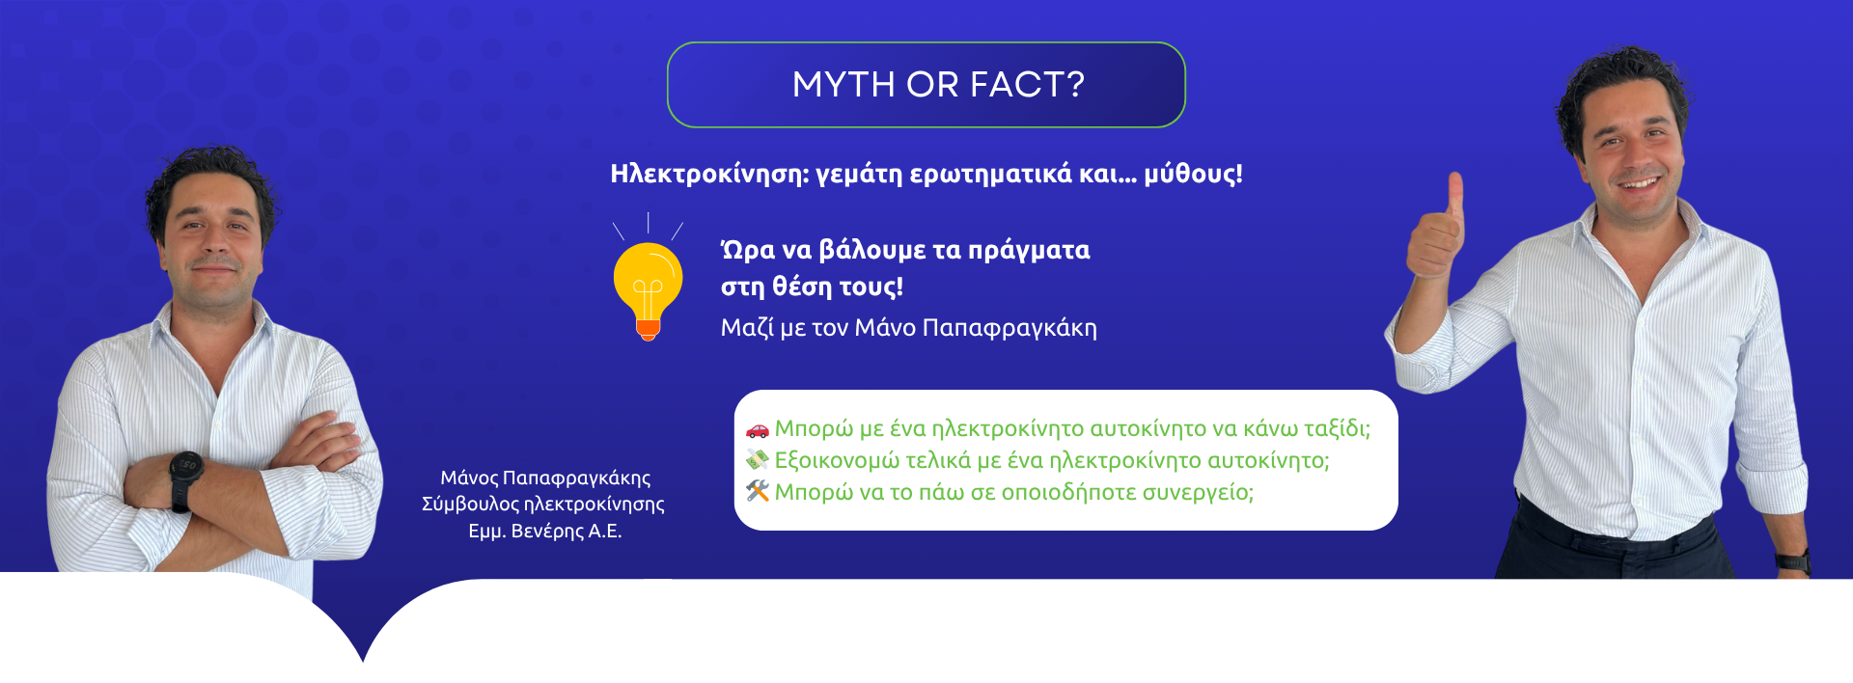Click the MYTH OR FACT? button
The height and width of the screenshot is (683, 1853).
(926, 85)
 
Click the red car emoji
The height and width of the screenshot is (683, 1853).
(758, 429)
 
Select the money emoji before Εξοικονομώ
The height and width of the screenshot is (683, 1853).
(758, 460)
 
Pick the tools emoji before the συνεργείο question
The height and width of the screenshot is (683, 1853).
(758, 492)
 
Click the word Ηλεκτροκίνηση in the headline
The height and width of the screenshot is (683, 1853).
(709, 174)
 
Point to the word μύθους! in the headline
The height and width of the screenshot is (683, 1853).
(1194, 174)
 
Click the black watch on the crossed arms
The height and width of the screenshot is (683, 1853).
(185, 480)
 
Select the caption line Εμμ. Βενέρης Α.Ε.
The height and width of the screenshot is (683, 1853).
(545, 532)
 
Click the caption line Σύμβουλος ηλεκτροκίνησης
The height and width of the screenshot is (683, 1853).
(543, 505)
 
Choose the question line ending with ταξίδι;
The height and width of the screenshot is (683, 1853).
(1072, 429)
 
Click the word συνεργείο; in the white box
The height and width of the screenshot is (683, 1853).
(1198, 493)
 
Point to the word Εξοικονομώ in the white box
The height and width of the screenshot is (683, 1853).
(837, 461)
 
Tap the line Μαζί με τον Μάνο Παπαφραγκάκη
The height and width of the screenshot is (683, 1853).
(909, 328)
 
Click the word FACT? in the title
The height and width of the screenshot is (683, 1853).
(1027, 85)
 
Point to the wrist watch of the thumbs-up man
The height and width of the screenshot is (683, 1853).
(1793, 560)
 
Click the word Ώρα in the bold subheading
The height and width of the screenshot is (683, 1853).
(748, 251)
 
